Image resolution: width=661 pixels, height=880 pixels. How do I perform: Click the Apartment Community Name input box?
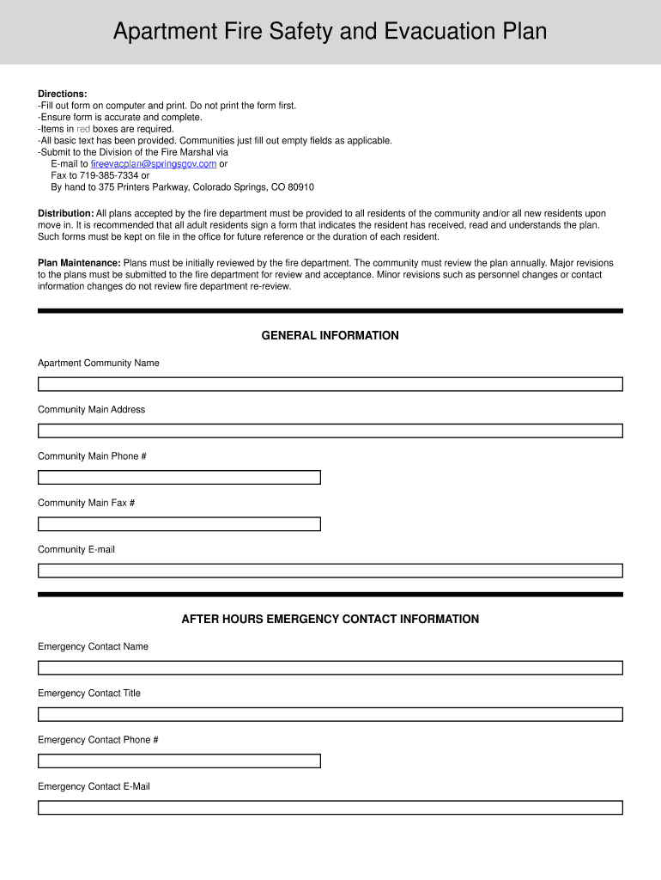click(x=330, y=384)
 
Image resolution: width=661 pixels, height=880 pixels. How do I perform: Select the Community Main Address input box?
click(x=330, y=431)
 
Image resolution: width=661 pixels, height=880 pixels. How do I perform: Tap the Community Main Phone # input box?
click(x=179, y=477)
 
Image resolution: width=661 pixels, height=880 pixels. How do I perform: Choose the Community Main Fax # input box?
click(x=179, y=523)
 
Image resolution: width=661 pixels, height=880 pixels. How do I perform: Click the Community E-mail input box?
click(x=330, y=571)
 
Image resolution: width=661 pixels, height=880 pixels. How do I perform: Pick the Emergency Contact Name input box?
click(x=330, y=668)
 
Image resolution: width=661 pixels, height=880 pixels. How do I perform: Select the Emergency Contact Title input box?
click(x=330, y=714)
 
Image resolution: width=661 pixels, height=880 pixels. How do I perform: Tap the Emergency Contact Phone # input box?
click(x=179, y=761)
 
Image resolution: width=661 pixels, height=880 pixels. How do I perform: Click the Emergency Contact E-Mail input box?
click(x=330, y=808)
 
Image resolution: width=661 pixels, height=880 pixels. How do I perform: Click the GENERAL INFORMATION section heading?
click(x=330, y=335)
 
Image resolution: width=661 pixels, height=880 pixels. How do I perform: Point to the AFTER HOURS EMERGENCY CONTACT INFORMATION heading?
click(x=330, y=619)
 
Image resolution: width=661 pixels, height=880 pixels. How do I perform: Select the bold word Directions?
click(x=63, y=94)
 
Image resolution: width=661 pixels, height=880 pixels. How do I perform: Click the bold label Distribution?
click(x=65, y=213)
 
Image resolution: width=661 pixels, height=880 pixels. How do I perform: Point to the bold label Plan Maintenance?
click(x=79, y=263)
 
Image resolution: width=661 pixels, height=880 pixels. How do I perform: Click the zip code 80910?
click(x=300, y=186)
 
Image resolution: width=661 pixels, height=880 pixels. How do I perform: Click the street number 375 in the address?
click(x=107, y=186)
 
